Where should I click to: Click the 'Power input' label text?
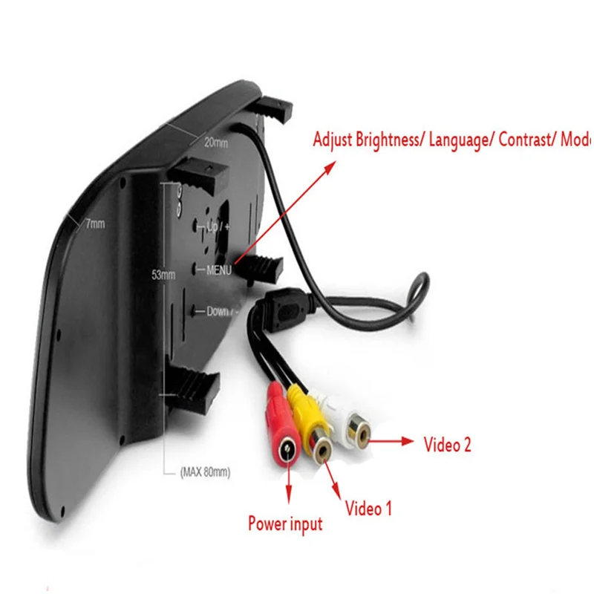(285, 523)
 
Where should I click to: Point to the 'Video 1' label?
(368, 509)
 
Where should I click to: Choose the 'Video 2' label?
(447, 445)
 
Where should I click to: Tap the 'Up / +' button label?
(220, 226)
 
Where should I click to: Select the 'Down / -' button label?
(220, 312)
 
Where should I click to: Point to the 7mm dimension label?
(94, 222)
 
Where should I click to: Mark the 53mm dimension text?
(163, 274)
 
